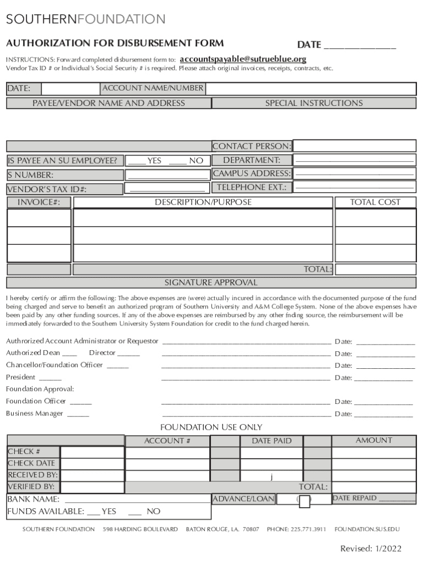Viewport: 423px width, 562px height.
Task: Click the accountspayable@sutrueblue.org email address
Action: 243,59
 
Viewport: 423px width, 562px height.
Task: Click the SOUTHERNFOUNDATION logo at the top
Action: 86,20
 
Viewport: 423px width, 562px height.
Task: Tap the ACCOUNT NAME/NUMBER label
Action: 153,88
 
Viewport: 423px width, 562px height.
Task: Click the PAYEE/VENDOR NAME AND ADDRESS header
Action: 108,103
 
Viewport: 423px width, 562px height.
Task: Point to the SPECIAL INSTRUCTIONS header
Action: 314,103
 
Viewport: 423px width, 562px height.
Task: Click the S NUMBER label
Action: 30,176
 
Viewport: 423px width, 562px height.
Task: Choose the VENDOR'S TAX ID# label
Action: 47,189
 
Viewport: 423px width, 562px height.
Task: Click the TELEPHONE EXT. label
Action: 252,187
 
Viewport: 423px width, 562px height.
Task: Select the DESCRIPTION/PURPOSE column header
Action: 203,203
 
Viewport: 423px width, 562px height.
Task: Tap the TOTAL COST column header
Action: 375,203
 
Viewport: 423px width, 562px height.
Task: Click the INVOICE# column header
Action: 38,203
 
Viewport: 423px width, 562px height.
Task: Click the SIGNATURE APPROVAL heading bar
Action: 211,283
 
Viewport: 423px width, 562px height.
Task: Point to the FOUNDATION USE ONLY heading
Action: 211,427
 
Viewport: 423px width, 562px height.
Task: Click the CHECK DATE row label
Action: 31,463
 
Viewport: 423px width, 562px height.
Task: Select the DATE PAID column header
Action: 271,441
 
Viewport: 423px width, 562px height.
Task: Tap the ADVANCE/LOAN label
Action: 243,499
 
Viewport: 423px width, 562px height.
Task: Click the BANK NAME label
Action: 33,499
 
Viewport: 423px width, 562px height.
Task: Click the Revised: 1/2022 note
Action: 371,548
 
